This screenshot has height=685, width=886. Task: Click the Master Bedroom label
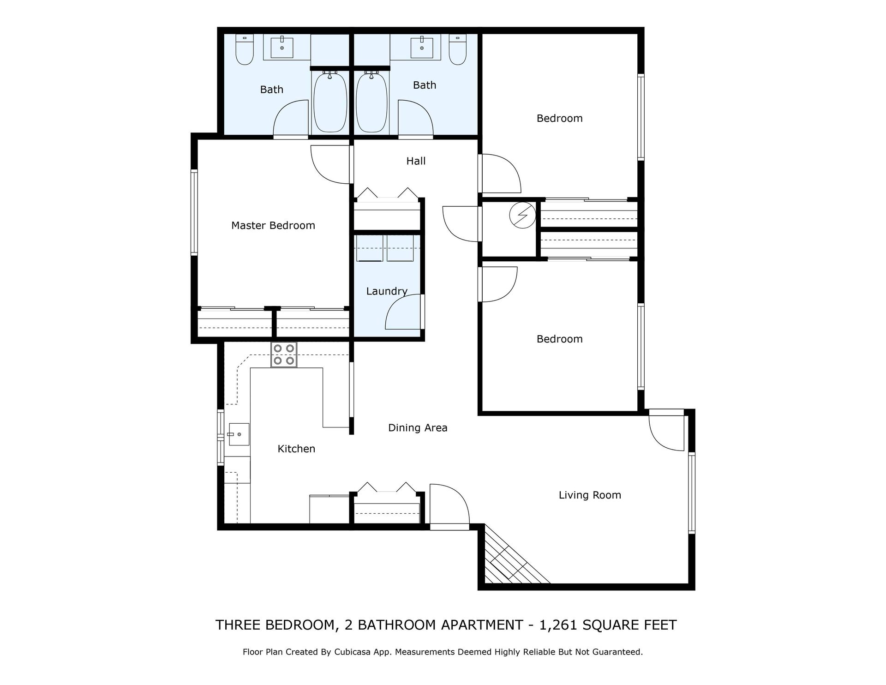click(x=273, y=226)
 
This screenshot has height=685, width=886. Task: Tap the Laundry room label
click(x=387, y=291)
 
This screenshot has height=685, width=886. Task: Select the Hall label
click(x=416, y=161)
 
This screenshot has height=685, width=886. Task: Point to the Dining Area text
click(x=418, y=428)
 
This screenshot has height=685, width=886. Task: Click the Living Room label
click(x=590, y=495)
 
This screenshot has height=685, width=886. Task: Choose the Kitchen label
click(x=296, y=449)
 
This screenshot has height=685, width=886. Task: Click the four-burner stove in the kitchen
click(x=284, y=355)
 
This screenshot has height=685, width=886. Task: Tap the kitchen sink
click(x=239, y=434)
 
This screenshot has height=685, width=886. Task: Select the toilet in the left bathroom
click(x=244, y=50)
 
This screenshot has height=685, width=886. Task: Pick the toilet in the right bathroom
click(x=458, y=50)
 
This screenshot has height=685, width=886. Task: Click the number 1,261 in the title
click(x=558, y=625)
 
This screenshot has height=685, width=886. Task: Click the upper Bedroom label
click(x=559, y=119)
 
